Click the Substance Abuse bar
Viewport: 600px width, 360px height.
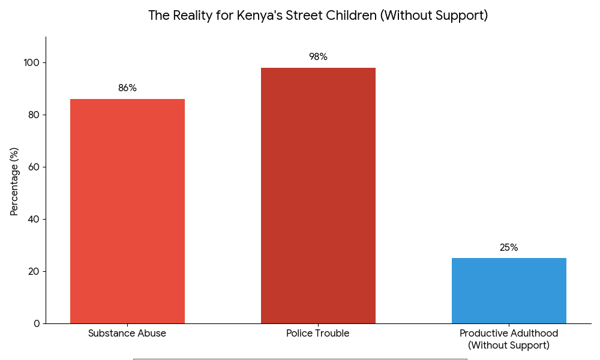[x=127, y=211]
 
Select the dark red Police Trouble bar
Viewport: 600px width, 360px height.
[x=318, y=196]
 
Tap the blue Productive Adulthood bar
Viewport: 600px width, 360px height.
[x=509, y=291]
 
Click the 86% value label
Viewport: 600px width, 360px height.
[x=127, y=88]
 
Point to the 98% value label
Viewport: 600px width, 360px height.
[x=318, y=57]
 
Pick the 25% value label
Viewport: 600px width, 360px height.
[x=509, y=248]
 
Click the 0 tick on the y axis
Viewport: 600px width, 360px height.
[x=37, y=323]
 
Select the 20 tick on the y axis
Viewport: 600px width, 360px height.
[x=34, y=271]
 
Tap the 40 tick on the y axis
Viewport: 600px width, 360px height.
[x=34, y=219]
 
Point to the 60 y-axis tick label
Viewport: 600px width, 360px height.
[x=34, y=167]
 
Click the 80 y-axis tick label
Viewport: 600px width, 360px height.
[x=34, y=115]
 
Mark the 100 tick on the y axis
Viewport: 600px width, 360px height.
[x=32, y=62]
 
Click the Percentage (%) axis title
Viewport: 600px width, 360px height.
[x=14, y=181]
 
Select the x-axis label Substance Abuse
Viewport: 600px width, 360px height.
[x=127, y=334]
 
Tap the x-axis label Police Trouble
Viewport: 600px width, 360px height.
[x=318, y=334]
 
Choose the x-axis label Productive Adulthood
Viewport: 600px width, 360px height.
[x=509, y=334]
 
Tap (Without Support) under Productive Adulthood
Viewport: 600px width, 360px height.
[x=509, y=346]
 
